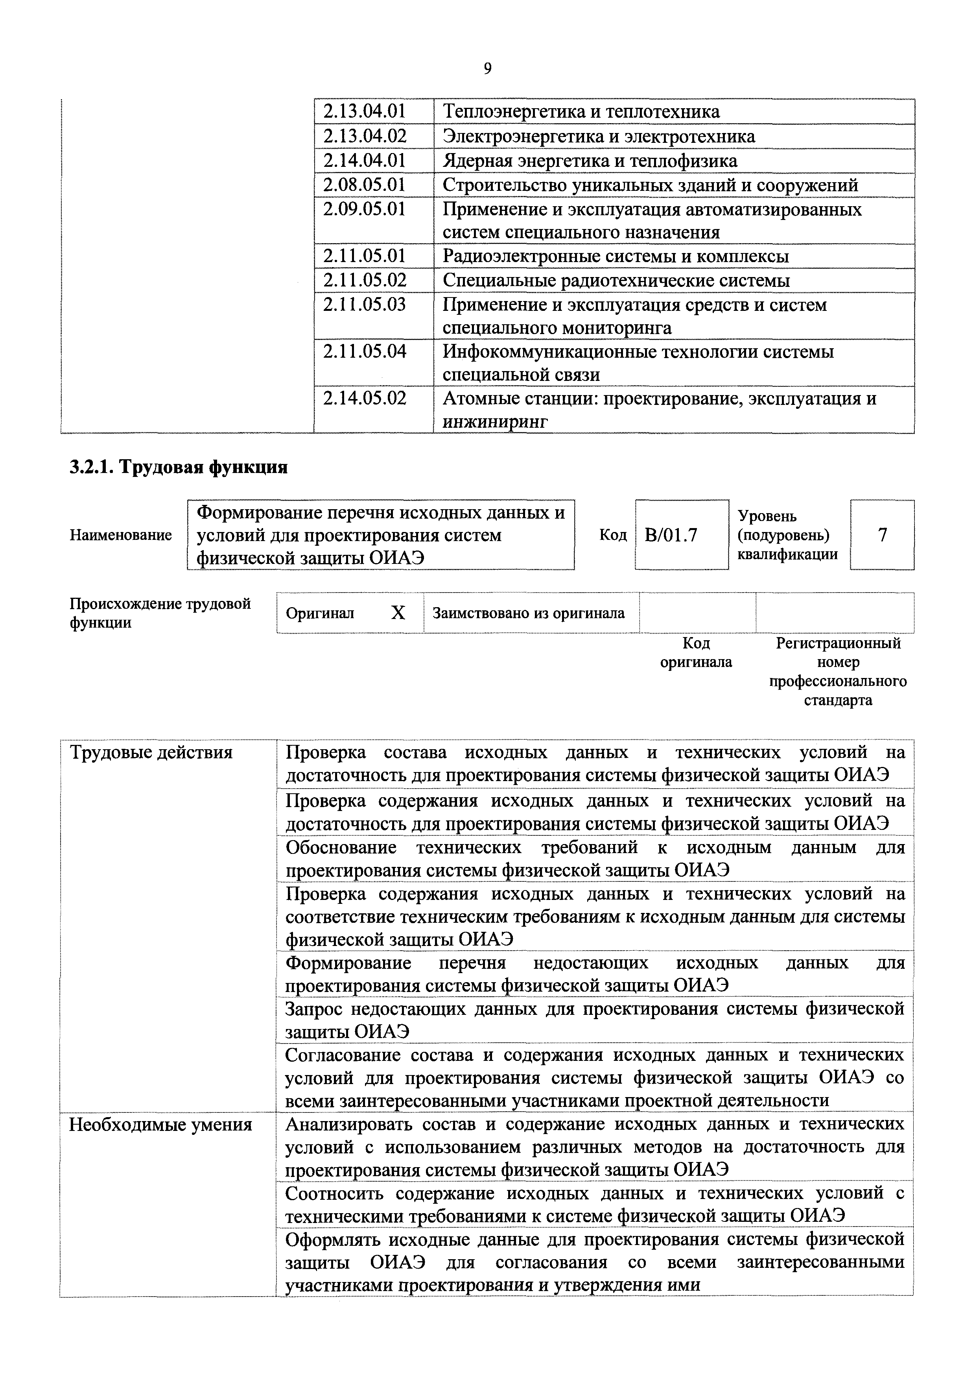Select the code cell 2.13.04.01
(x=364, y=112)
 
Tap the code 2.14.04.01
(x=364, y=161)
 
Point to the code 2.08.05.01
(x=364, y=185)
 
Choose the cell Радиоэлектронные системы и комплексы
(x=615, y=256)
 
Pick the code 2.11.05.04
(x=364, y=351)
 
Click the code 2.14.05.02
(x=364, y=398)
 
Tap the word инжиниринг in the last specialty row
(x=495, y=422)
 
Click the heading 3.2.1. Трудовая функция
(x=179, y=467)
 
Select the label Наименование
(x=121, y=535)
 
